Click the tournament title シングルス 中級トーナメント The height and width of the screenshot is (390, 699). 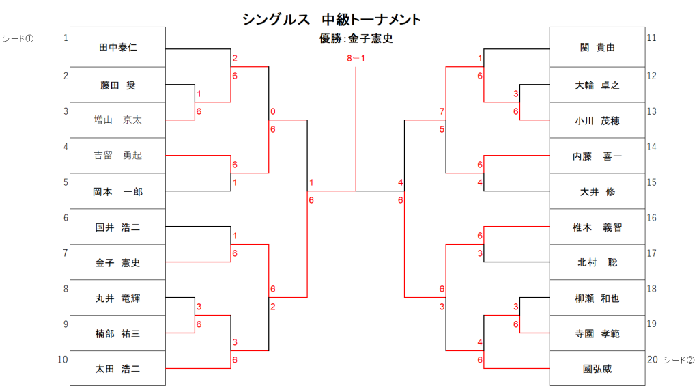click(332, 20)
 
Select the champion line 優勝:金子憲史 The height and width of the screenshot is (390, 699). click(356, 39)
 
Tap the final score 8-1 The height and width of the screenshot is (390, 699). click(356, 59)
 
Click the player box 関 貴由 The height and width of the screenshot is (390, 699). click(597, 47)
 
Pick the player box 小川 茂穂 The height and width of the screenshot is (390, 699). click(597, 120)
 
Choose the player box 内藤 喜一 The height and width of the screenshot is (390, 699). click(597, 156)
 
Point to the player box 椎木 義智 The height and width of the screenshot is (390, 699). click(597, 227)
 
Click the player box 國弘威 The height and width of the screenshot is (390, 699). click(597, 369)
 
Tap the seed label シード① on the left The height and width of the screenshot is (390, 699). click(18, 38)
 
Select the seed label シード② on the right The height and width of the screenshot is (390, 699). click(680, 360)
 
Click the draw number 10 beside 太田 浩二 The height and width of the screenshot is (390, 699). click(63, 360)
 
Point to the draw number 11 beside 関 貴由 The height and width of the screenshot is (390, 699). click(651, 38)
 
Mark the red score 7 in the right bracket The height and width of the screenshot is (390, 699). click(442, 111)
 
